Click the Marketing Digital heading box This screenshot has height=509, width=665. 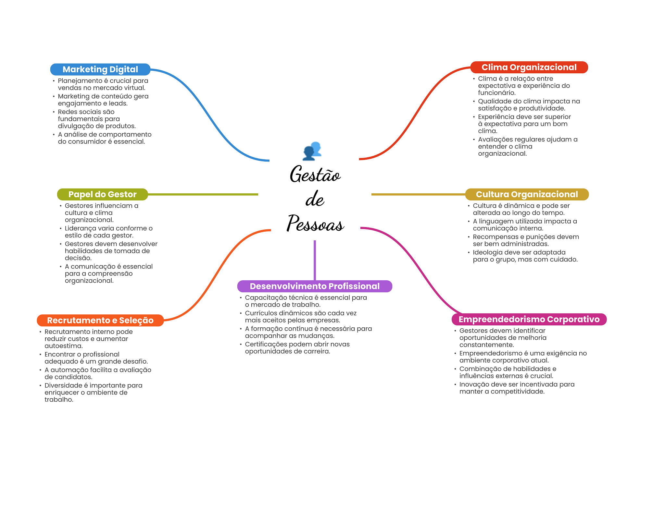click(x=100, y=69)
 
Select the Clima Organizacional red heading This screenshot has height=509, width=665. click(x=529, y=67)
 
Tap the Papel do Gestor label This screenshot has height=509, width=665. click(x=102, y=194)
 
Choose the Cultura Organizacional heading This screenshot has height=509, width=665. click(x=527, y=194)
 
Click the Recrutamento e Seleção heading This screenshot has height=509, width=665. click(x=100, y=320)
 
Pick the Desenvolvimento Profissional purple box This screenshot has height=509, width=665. click(x=315, y=286)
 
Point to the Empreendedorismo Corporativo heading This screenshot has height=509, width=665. click(x=529, y=319)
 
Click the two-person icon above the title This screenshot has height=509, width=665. click(x=312, y=151)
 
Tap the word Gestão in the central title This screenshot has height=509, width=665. click(x=315, y=174)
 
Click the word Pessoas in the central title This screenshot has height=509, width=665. click(x=315, y=224)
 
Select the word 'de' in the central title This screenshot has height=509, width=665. click(x=315, y=199)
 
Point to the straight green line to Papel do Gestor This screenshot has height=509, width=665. click(x=203, y=194)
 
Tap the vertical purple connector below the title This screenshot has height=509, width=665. click(x=315, y=260)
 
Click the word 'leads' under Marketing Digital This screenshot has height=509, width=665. click(x=118, y=103)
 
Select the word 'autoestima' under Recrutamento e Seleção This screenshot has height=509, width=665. click(x=64, y=346)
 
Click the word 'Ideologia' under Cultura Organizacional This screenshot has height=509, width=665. click(x=487, y=253)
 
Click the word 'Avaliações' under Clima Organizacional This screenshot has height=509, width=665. click(x=495, y=140)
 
